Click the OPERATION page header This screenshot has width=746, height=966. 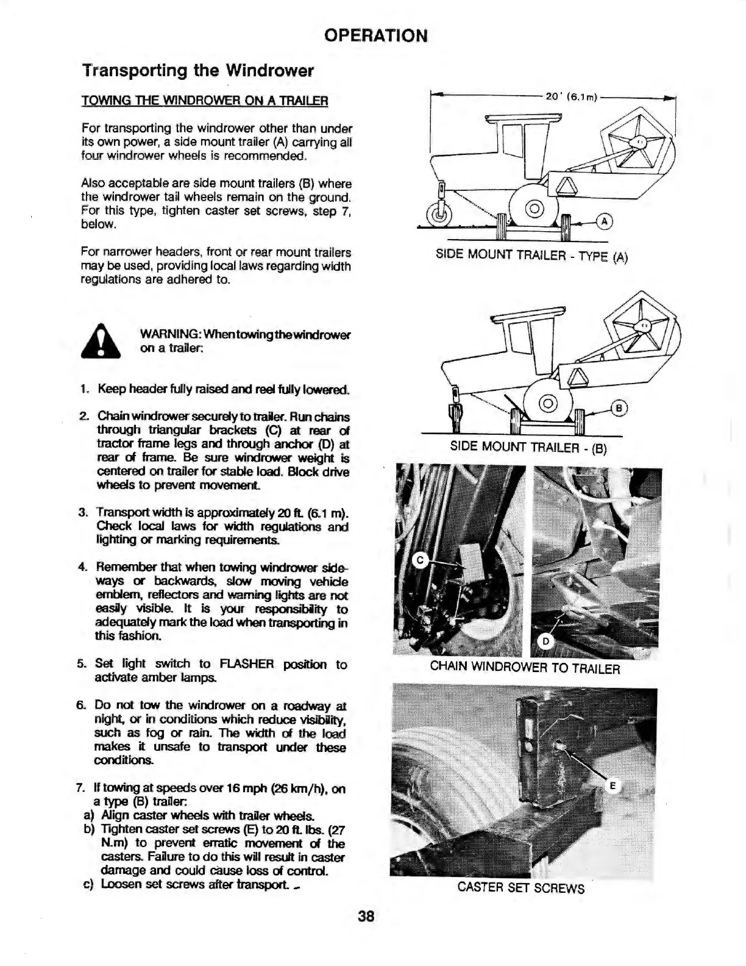pyautogui.click(x=375, y=35)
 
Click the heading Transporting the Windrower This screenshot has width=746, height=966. pyautogui.click(x=197, y=71)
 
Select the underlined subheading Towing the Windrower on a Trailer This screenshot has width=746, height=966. pyautogui.click(x=205, y=100)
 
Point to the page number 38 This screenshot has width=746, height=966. pyautogui.click(x=366, y=916)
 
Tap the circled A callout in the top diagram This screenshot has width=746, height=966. pyautogui.click(x=603, y=221)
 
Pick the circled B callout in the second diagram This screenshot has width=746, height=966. pyautogui.click(x=619, y=409)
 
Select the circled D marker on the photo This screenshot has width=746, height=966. pyautogui.click(x=546, y=641)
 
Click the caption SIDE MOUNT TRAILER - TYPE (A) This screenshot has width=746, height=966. pyautogui.click(x=531, y=255)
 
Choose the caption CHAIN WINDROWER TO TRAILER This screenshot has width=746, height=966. pyautogui.click(x=525, y=667)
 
